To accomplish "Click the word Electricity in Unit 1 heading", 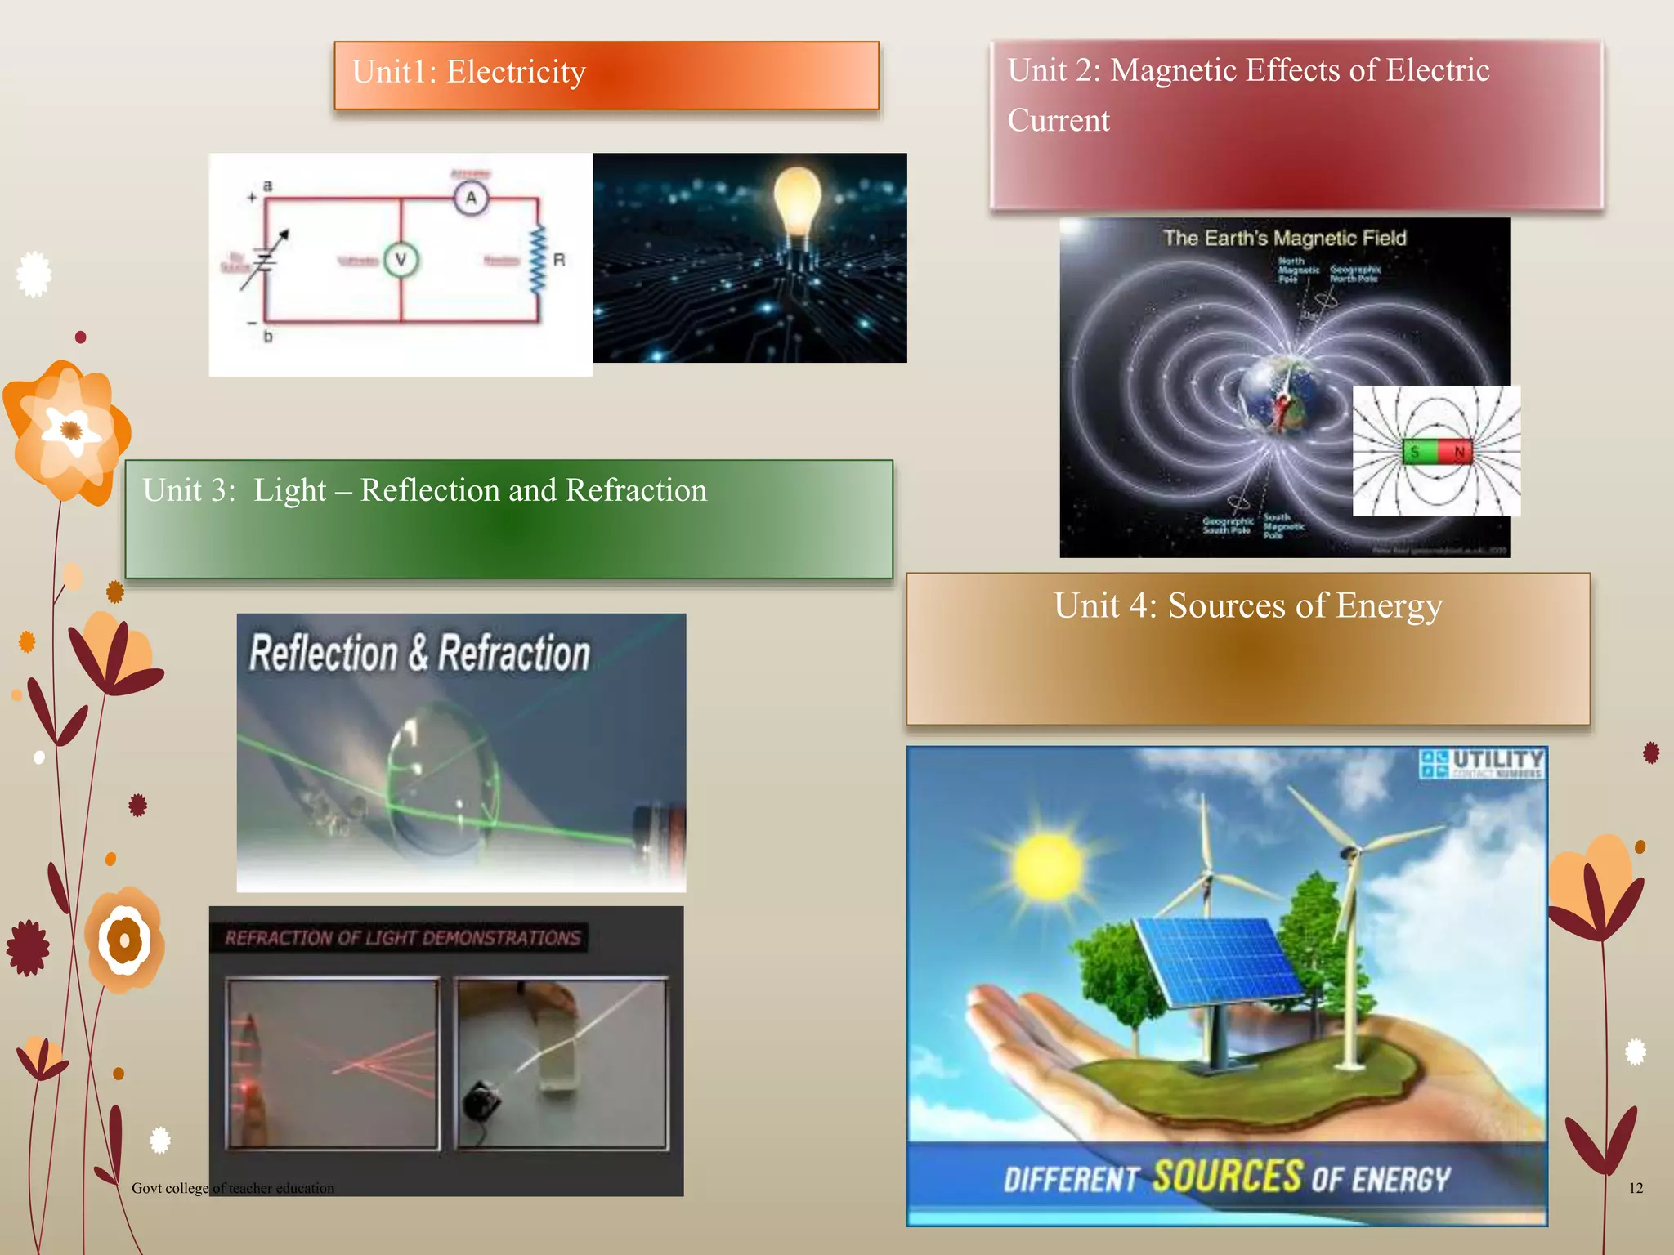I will (x=516, y=72).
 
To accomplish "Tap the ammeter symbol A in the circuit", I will (x=471, y=198).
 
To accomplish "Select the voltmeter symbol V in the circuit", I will (x=401, y=260).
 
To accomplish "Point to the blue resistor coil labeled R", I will (x=538, y=260).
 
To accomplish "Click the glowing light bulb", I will (x=797, y=200).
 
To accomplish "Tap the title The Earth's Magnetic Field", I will (x=1284, y=238).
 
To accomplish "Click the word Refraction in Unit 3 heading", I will (x=636, y=490).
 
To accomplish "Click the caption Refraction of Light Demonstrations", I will (x=402, y=938).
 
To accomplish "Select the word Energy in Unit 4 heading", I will (x=1389, y=605).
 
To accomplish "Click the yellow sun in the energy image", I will (x=1048, y=866).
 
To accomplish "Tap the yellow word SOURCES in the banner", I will (x=1227, y=1177).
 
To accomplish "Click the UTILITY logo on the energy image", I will (x=1482, y=763).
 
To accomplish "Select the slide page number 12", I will (x=1635, y=1188).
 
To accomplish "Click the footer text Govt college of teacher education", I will (x=233, y=1188).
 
